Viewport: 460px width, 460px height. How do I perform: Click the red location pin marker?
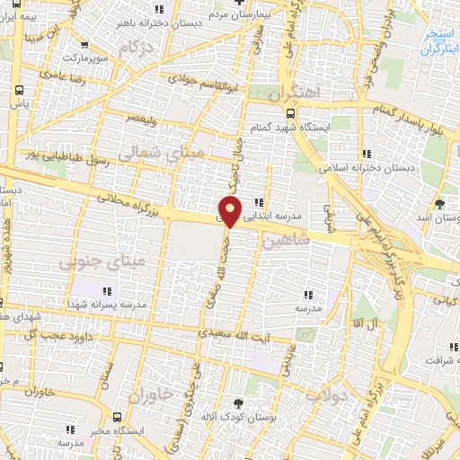[230, 211]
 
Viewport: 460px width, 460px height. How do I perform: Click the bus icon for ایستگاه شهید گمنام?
[289, 113]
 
